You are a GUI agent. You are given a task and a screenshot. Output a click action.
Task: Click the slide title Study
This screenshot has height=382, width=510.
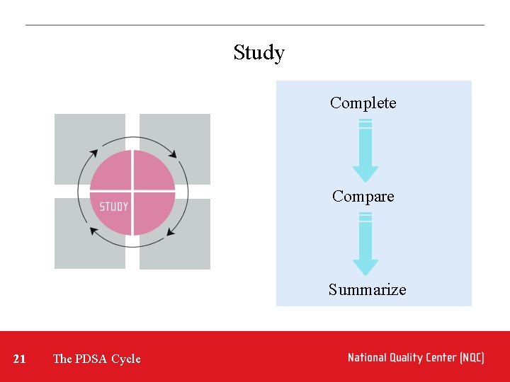coord(259,53)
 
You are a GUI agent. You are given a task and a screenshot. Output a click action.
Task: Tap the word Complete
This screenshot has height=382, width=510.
coord(363,103)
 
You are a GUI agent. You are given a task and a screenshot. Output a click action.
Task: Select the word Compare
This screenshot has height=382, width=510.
coord(363,197)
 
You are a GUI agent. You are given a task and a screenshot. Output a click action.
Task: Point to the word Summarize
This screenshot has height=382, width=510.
coord(367,290)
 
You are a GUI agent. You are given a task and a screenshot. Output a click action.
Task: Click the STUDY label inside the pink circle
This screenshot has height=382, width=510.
coord(113,207)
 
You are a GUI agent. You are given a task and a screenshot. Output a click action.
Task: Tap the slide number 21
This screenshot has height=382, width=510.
coord(20,359)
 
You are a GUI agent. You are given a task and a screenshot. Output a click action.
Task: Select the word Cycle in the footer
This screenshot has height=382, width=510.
coord(126,359)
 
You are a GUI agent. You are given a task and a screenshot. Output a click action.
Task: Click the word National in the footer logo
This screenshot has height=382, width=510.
coord(369,358)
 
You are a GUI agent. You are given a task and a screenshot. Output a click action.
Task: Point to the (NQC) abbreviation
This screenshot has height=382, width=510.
coord(472,358)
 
